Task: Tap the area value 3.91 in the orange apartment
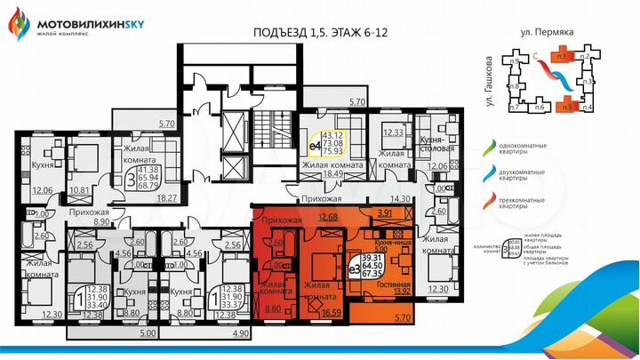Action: pyautogui.click(x=385, y=213)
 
